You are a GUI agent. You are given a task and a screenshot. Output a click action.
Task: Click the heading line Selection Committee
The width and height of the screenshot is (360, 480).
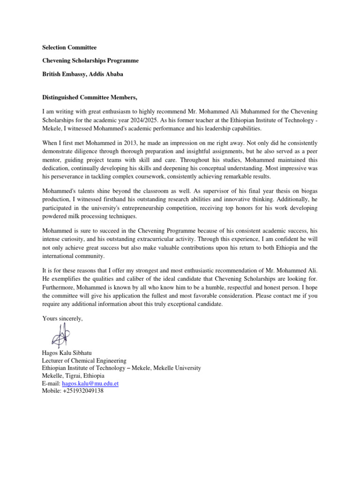click(x=69, y=47)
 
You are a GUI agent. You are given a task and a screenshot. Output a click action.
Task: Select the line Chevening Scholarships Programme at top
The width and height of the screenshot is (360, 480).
click(x=90, y=60)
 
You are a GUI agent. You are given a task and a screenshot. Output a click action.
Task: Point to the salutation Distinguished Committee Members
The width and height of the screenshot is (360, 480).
click(x=90, y=97)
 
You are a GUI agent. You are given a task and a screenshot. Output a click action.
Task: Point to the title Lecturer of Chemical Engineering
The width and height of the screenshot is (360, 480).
click(x=84, y=360)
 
